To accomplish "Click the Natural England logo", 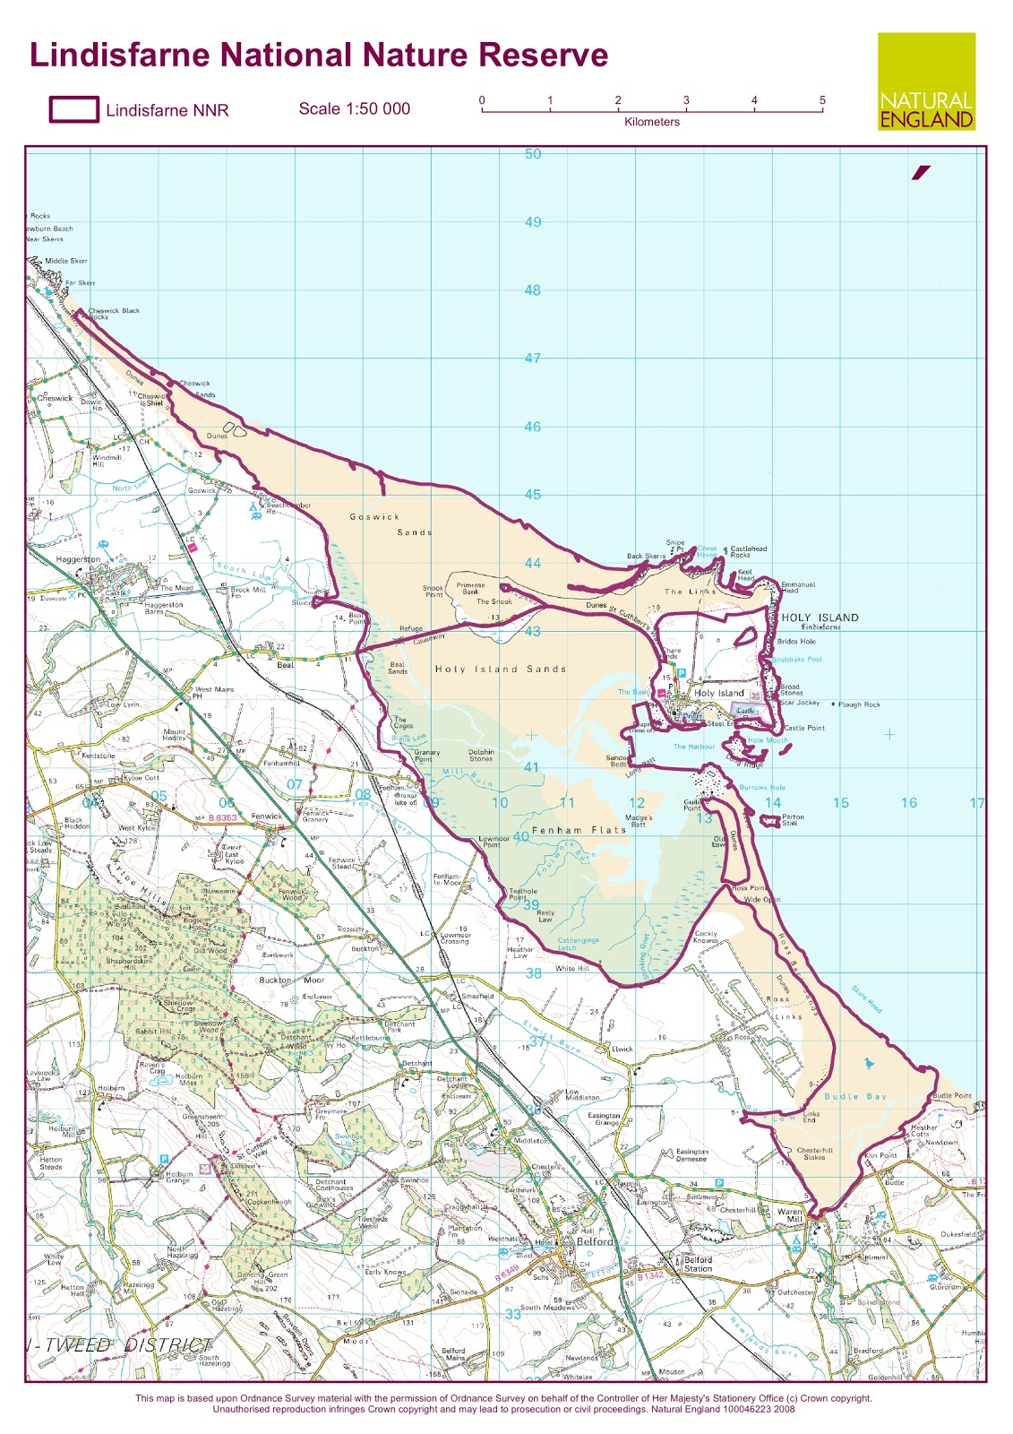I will [926, 82].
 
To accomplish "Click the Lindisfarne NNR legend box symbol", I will [73, 109].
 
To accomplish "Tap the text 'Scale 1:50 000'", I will [354, 108].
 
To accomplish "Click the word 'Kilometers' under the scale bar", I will [651, 122].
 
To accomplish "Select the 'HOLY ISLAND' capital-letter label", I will [820, 618].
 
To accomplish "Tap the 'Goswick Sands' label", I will [391, 524].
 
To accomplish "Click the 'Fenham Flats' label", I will [579, 830].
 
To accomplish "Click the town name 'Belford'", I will [595, 1241].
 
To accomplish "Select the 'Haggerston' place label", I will [78, 559].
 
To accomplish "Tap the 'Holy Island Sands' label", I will [500, 669].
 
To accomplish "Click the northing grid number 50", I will [533, 154].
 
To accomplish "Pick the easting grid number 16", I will [908, 803].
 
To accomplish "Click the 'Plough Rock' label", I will [859, 704].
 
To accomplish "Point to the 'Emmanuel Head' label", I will [797, 587].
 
